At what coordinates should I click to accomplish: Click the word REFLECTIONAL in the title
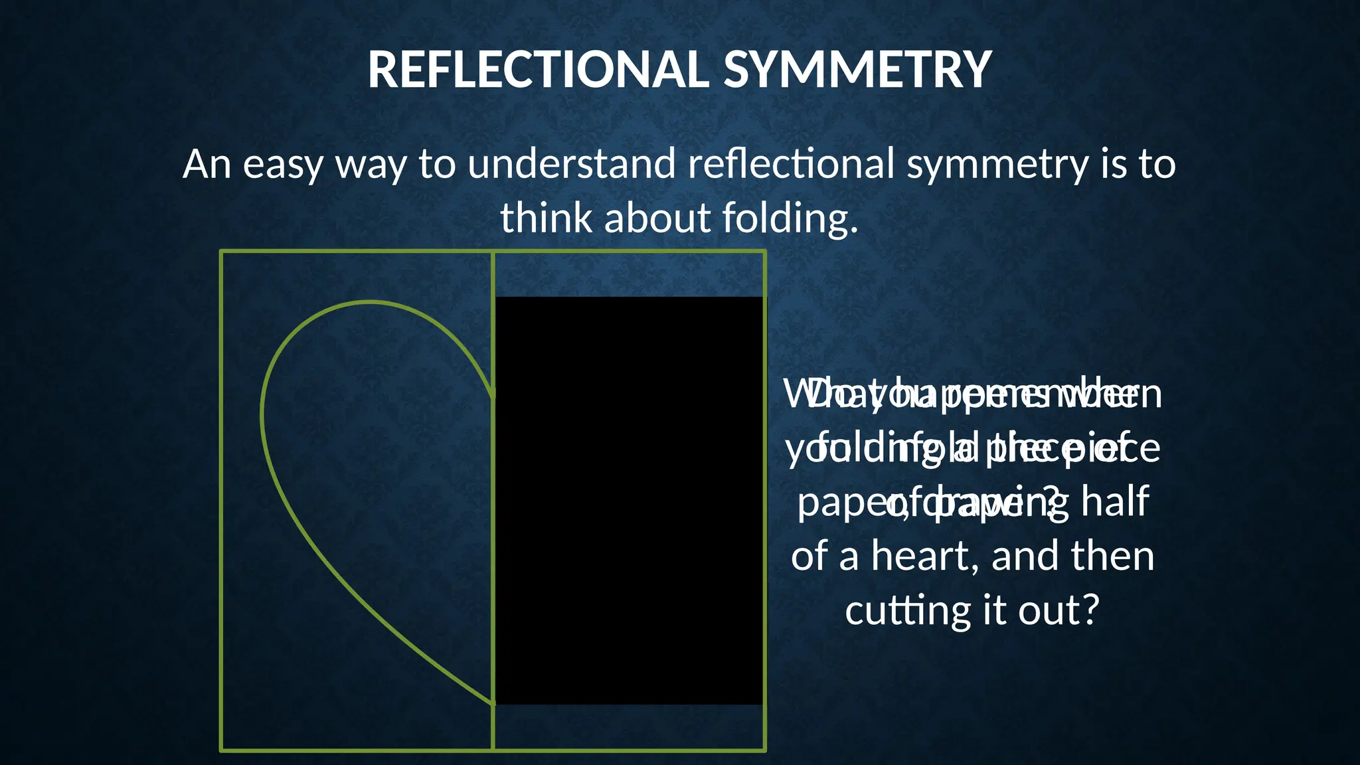(539, 70)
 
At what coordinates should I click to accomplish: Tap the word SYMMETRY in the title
(857, 70)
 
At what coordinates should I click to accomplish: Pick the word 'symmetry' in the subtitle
(997, 165)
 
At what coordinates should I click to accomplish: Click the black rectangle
(629, 500)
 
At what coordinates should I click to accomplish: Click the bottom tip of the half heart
(493, 704)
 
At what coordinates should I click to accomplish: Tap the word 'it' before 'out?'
(996, 610)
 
